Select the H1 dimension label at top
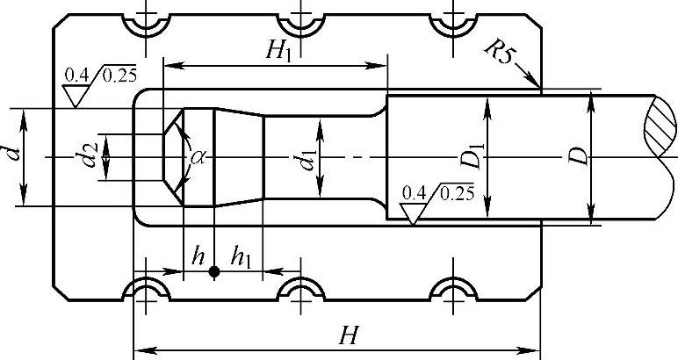click(x=280, y=50)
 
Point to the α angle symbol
click(x=198, y=156)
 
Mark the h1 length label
click(x=241, y=257)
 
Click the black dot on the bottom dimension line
click(x=213, y=273)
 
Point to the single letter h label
click(x=199, y=257)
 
